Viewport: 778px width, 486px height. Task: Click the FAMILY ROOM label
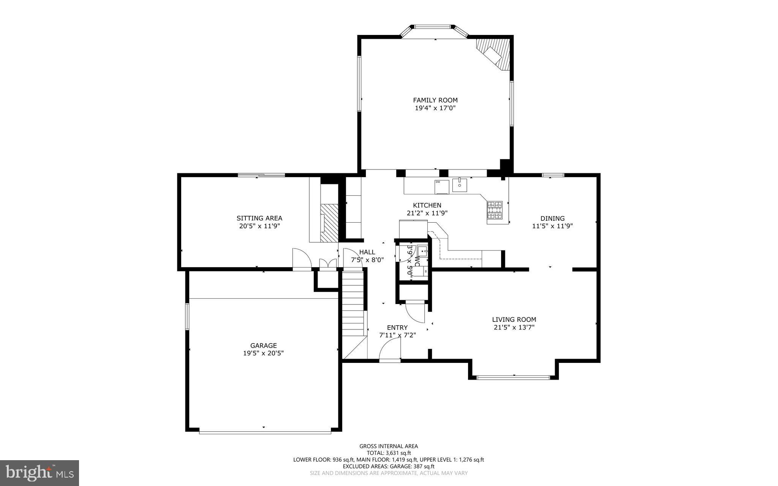click(435, 100)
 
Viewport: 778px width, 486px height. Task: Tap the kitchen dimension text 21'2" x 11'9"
click(427, 213)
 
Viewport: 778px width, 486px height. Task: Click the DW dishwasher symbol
click(441, 186)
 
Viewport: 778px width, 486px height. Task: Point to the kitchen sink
click(459, 185)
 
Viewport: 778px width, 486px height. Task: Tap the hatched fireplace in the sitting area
click(329, 223)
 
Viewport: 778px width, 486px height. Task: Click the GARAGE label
click(263, 345)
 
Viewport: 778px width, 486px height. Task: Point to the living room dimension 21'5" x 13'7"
click(514, 327)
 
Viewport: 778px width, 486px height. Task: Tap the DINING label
click(552, 218)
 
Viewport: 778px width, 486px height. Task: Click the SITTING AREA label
click(259, 218)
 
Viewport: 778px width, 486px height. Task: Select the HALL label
click(367, 252)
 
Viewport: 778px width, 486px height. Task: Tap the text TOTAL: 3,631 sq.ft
click(389, 453)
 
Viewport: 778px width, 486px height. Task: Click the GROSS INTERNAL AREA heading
click(389, 446)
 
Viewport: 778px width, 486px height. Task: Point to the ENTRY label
click(397, 328)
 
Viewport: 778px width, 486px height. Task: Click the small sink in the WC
click(422, 251)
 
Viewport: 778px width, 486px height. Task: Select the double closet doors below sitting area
click(328, 264)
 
